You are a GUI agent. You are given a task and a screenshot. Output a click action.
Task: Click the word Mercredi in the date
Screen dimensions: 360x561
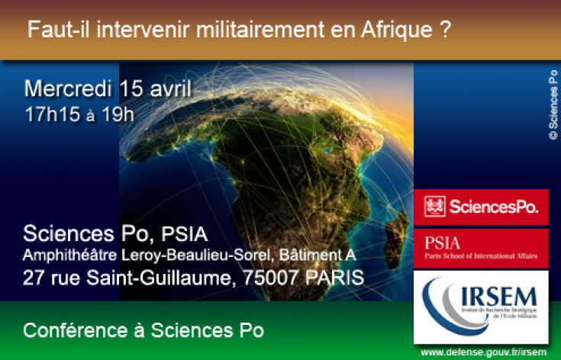click(x=69, y=88)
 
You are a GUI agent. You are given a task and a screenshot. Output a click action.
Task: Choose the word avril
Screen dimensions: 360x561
click(x=169, y=88)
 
